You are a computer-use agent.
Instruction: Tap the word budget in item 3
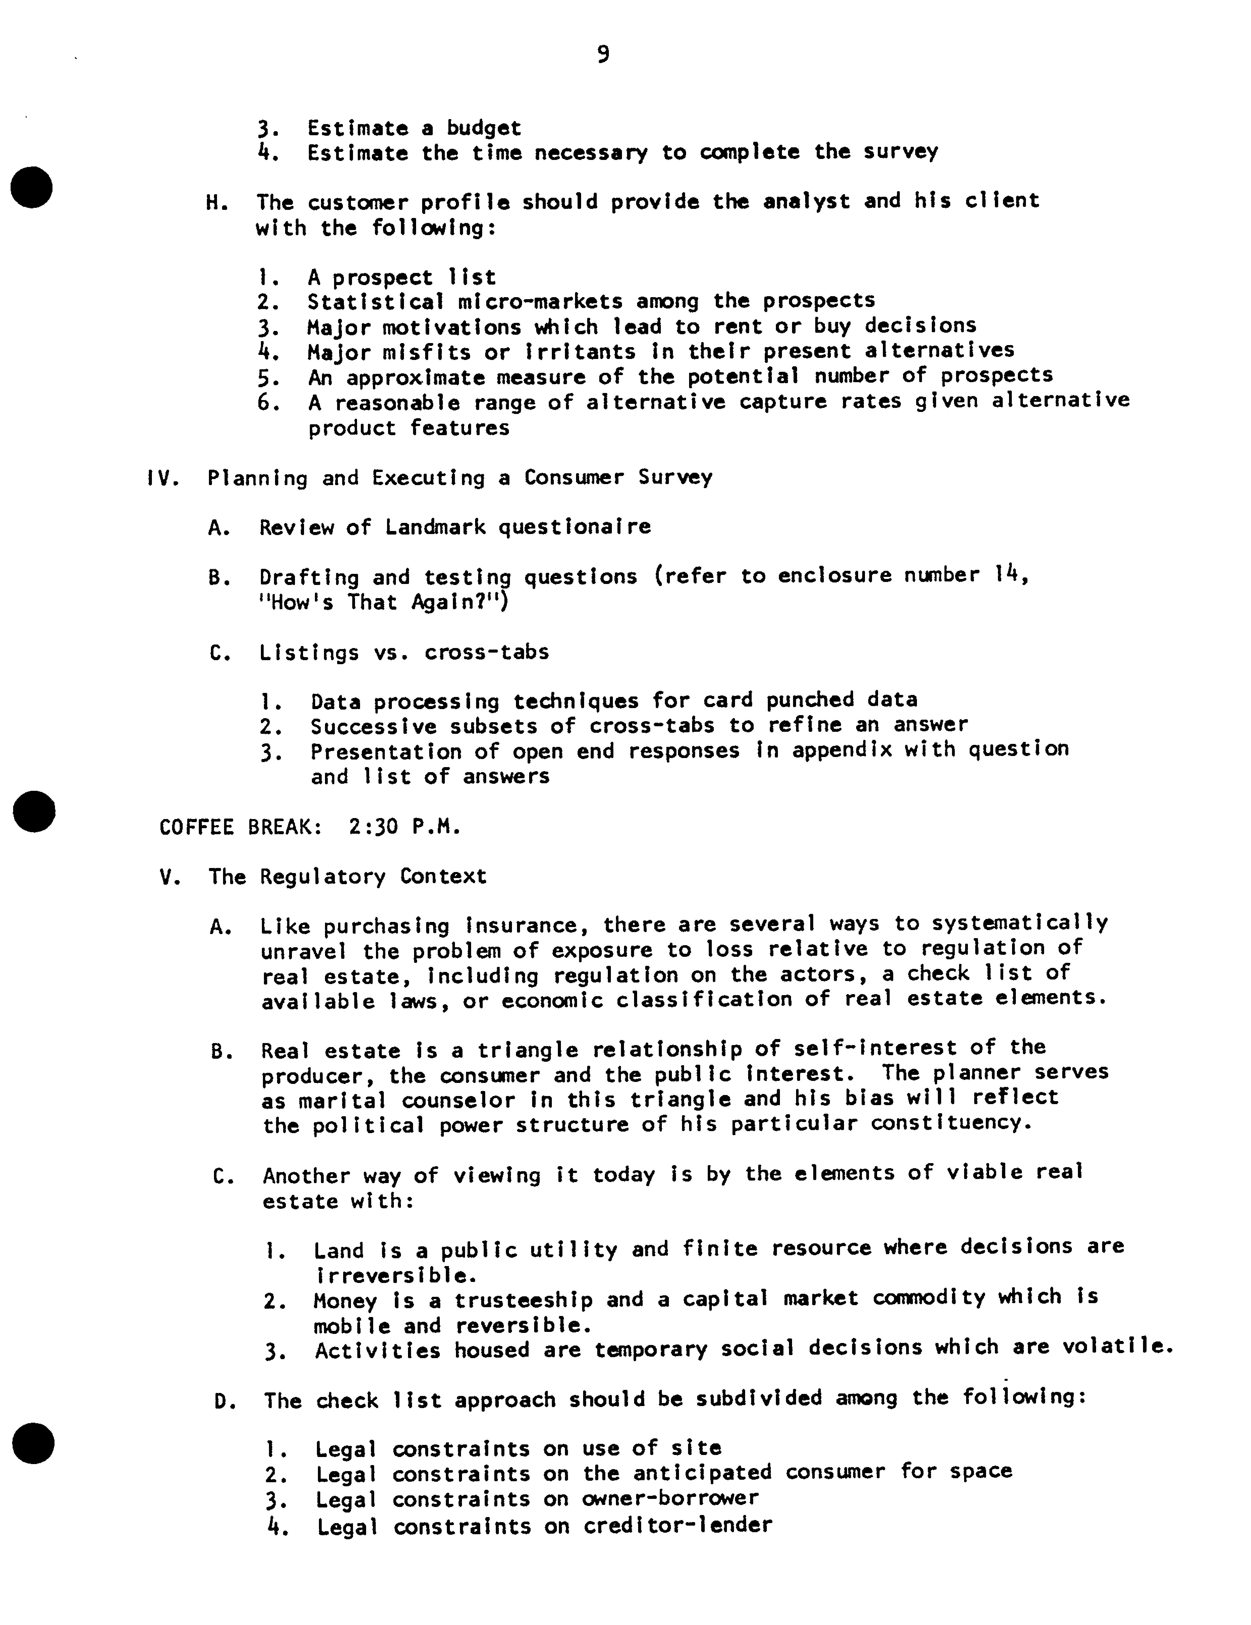484,128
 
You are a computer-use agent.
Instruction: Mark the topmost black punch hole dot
33,187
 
